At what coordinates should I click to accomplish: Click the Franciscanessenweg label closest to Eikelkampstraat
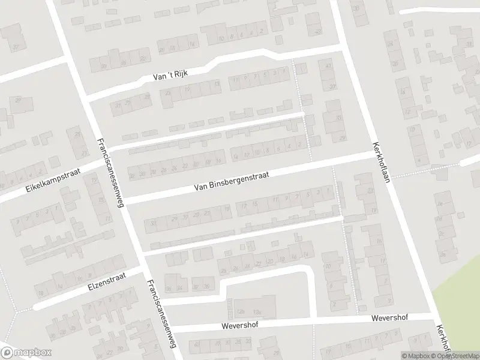110,173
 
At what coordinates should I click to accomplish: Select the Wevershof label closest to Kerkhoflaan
389,317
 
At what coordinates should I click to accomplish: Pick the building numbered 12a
257,311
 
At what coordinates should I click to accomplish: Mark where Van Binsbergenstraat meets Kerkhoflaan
371,154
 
